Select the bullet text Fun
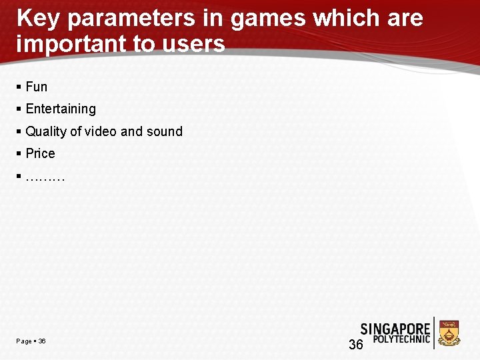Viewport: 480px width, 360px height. click(37, 87)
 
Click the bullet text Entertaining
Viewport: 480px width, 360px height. click(61, 109)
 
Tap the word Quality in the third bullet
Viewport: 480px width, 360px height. click(46, 131)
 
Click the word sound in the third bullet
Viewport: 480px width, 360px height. click(165, 131)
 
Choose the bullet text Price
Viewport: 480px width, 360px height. click(40, 153)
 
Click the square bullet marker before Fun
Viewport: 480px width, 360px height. click(19, 87)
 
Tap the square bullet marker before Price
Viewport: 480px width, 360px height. click(19, 153)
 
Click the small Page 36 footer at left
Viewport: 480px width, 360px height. click(31, 341)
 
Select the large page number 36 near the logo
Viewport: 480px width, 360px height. click(356, 345)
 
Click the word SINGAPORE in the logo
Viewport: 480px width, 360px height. click(395, 329)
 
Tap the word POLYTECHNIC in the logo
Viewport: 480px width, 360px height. click(401, 339)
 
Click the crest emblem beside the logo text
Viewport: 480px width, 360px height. click(449, 332)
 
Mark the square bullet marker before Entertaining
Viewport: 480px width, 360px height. click(19, 109)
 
